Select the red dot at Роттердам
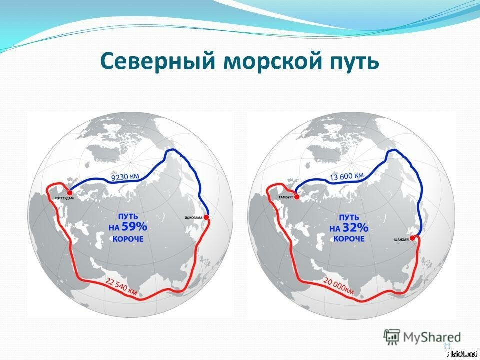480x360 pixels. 70,193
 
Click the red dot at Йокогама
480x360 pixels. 206,217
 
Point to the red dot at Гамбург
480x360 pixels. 296,197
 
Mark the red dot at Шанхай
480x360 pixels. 412,238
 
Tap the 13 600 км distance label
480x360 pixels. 347,176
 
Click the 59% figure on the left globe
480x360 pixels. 134,227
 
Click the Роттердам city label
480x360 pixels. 64,198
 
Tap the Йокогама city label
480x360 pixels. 194,218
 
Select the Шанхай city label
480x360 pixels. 401,240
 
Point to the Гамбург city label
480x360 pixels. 286,198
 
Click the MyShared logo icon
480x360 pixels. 392,337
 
